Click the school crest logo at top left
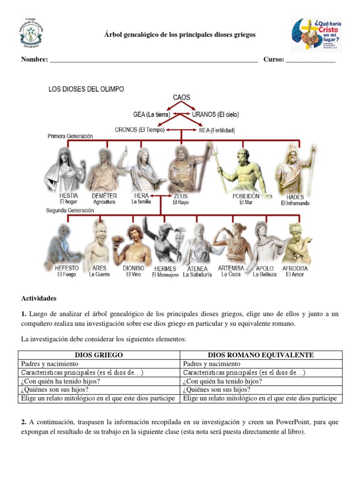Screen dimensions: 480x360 (x=31, y=33)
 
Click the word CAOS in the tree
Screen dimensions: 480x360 (x=181, y=97)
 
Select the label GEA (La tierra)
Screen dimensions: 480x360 (x=152, y=114)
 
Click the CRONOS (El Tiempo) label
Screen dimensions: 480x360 (x=140, y=130)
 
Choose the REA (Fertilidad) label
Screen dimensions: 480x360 (x=217, y=130)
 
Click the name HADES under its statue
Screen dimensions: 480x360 (x=295, y=197)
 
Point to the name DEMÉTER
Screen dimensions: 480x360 (x=104, y=196)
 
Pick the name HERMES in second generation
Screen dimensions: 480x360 (x=165, y=269)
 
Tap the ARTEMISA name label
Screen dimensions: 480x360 (x=231, y=268)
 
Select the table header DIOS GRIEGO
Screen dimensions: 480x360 (x=99, y=355)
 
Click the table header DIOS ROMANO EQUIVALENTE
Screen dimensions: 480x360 (x=261, y=355)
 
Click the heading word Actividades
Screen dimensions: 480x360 (x=39, y=298)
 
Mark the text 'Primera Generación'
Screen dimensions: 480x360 (x=70, y=136)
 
